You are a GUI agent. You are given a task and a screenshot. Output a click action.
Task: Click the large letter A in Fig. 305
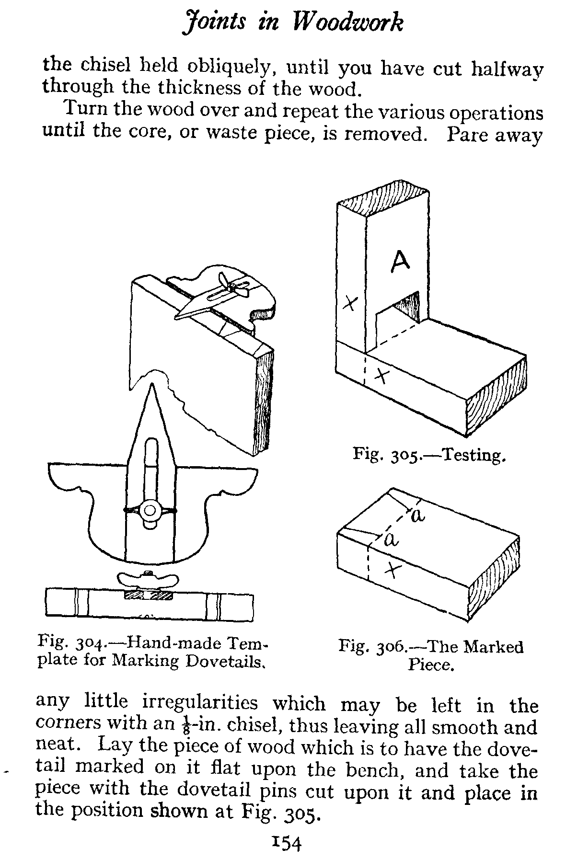400,261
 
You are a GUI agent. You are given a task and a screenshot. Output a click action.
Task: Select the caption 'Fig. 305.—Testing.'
429,454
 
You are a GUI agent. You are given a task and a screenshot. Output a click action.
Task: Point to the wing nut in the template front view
151,511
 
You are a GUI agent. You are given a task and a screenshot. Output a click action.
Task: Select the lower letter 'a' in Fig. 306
392,540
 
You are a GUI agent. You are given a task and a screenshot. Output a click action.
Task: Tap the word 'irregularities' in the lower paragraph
200,703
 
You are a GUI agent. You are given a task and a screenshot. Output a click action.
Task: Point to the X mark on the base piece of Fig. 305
381,376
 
